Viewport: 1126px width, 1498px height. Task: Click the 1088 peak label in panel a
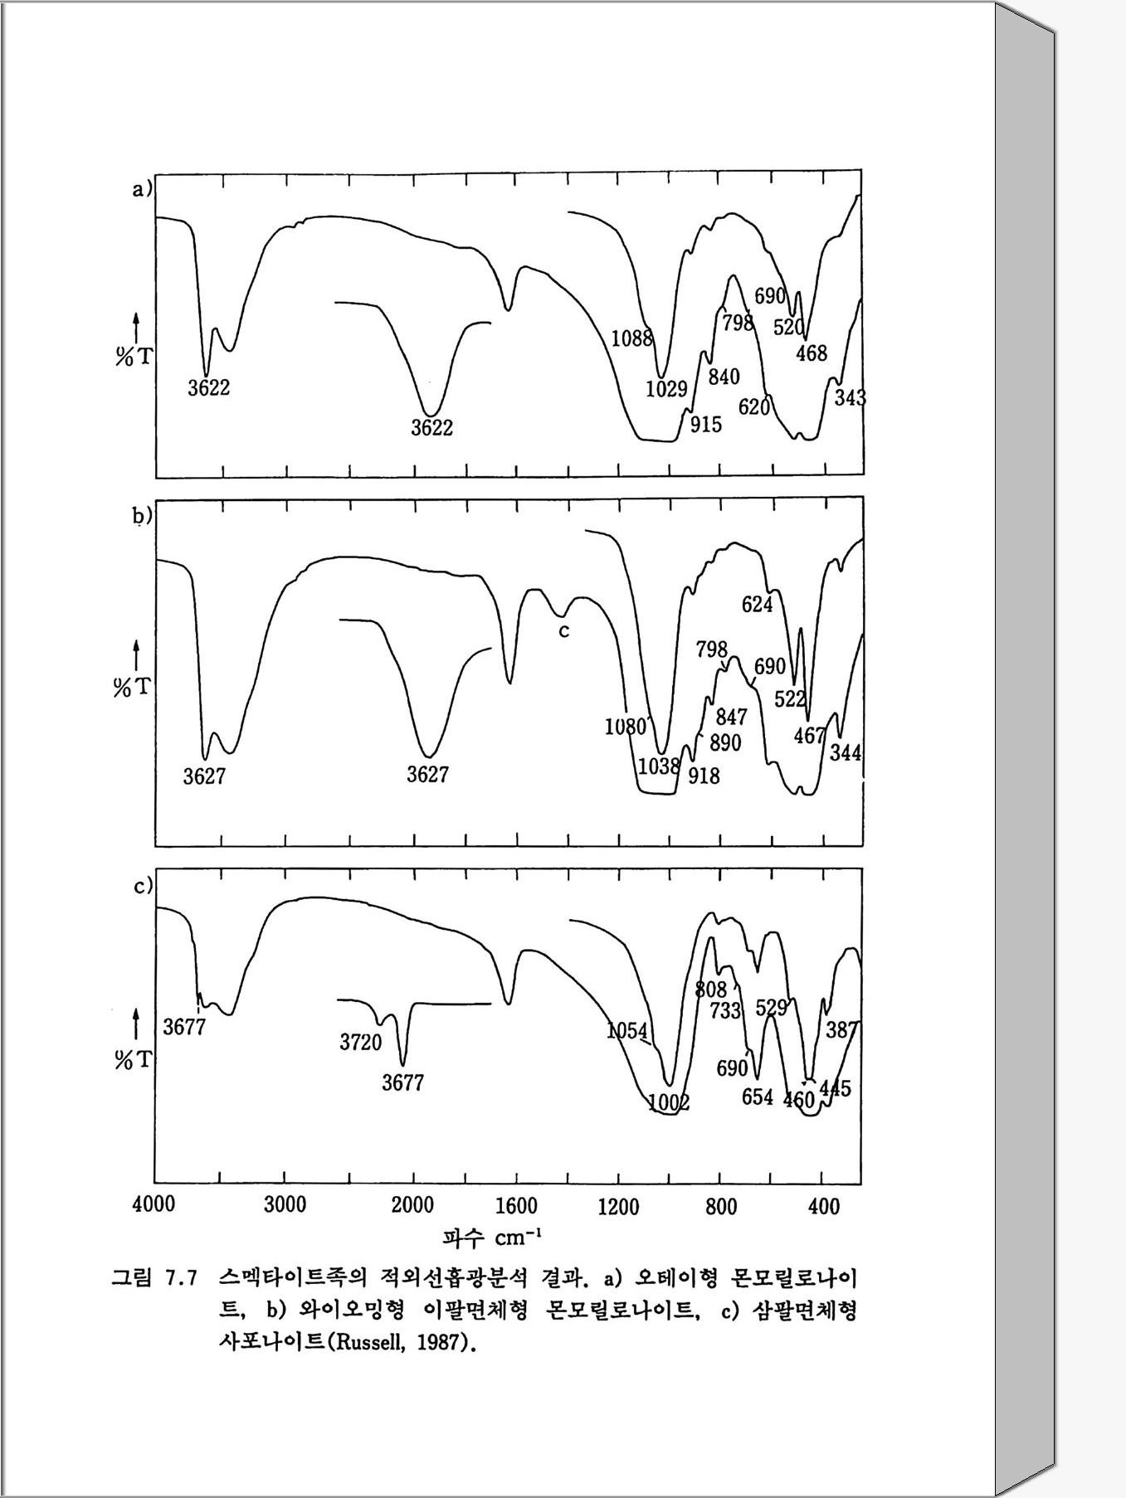click(x=631, y=338)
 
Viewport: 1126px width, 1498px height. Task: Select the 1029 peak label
click(x=666, y=388)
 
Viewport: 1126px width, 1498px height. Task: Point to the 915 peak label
click(x=705, y=425)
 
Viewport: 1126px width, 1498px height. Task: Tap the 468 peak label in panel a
click(x=811, y=353)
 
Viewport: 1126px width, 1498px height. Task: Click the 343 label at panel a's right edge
click(x=850, y=398)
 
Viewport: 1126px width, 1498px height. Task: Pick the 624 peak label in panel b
click(x=757, y=605)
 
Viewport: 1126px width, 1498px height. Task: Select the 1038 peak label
click(x=659, y=766)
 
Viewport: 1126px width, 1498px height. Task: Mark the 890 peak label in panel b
click(x=724, y=742)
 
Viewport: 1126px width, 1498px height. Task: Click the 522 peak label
click(x=790, y=698)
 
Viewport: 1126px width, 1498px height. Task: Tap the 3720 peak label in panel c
click(x=360, y=1043)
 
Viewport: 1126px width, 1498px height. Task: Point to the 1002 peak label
click(x=668, y=1102)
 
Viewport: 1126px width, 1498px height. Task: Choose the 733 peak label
click(x=725, y=1010)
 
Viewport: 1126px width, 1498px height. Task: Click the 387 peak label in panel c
click(x=842, y=1029)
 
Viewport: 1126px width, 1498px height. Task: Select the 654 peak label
click(x=757, y=1097)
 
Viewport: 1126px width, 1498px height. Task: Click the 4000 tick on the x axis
click(x=154, y=1204)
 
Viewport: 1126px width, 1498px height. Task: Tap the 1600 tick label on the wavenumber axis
click(x=516, y=1205)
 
